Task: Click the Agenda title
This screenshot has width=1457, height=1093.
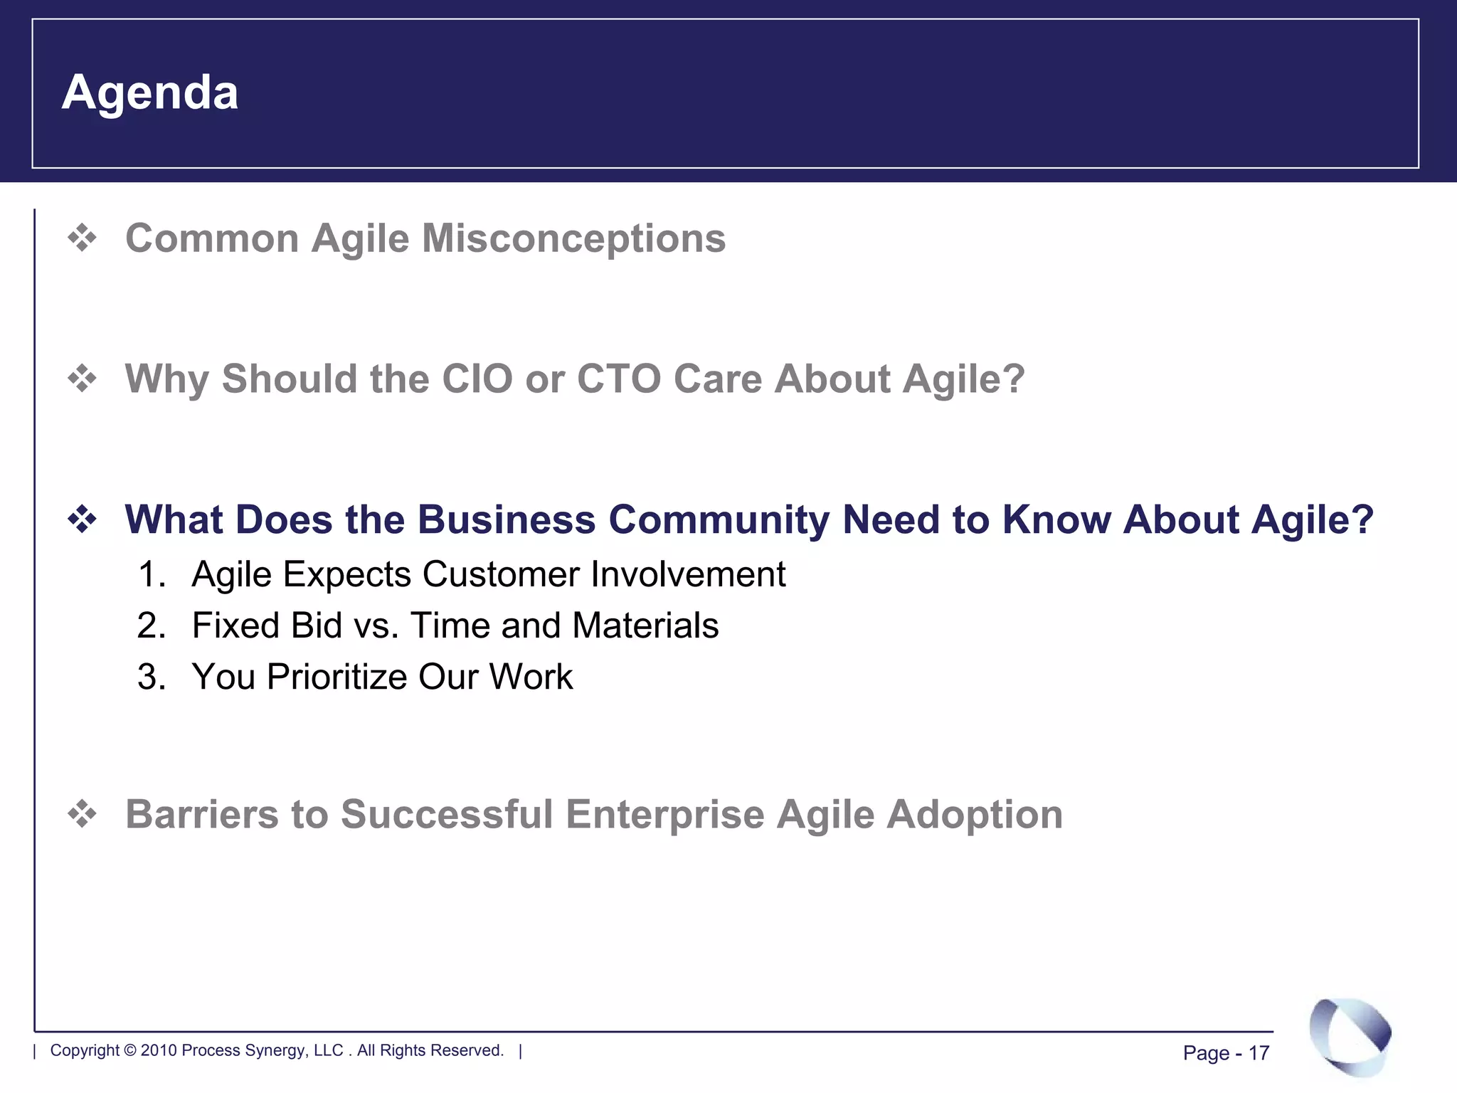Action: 149,93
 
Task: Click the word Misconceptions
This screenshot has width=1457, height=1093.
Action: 573,238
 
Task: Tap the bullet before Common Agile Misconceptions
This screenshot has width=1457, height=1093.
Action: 83,238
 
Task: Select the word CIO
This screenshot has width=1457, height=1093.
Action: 477,379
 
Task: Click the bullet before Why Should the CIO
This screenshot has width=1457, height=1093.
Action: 83,378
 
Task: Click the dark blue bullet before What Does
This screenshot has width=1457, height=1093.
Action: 83,519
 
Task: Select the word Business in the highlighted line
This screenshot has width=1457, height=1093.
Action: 506,519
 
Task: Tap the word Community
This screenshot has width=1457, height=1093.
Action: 719,519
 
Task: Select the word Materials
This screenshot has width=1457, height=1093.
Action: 645,625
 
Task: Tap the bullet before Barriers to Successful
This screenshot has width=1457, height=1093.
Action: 83,813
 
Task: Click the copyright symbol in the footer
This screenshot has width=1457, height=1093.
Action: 130,1050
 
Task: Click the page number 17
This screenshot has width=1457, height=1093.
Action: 1259,1053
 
